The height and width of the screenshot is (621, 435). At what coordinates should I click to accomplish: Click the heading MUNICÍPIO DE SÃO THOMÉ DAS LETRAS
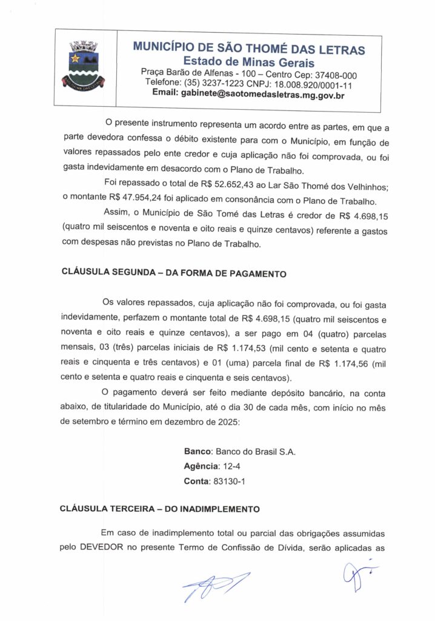(x=248, y=49)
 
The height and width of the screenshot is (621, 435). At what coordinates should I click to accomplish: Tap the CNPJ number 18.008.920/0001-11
(x=311, y=84)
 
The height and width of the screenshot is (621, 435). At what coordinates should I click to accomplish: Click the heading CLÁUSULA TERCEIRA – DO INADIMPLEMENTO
(x=161, y=509)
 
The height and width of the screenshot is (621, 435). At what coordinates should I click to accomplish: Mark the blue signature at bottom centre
(x=215, y=586)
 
